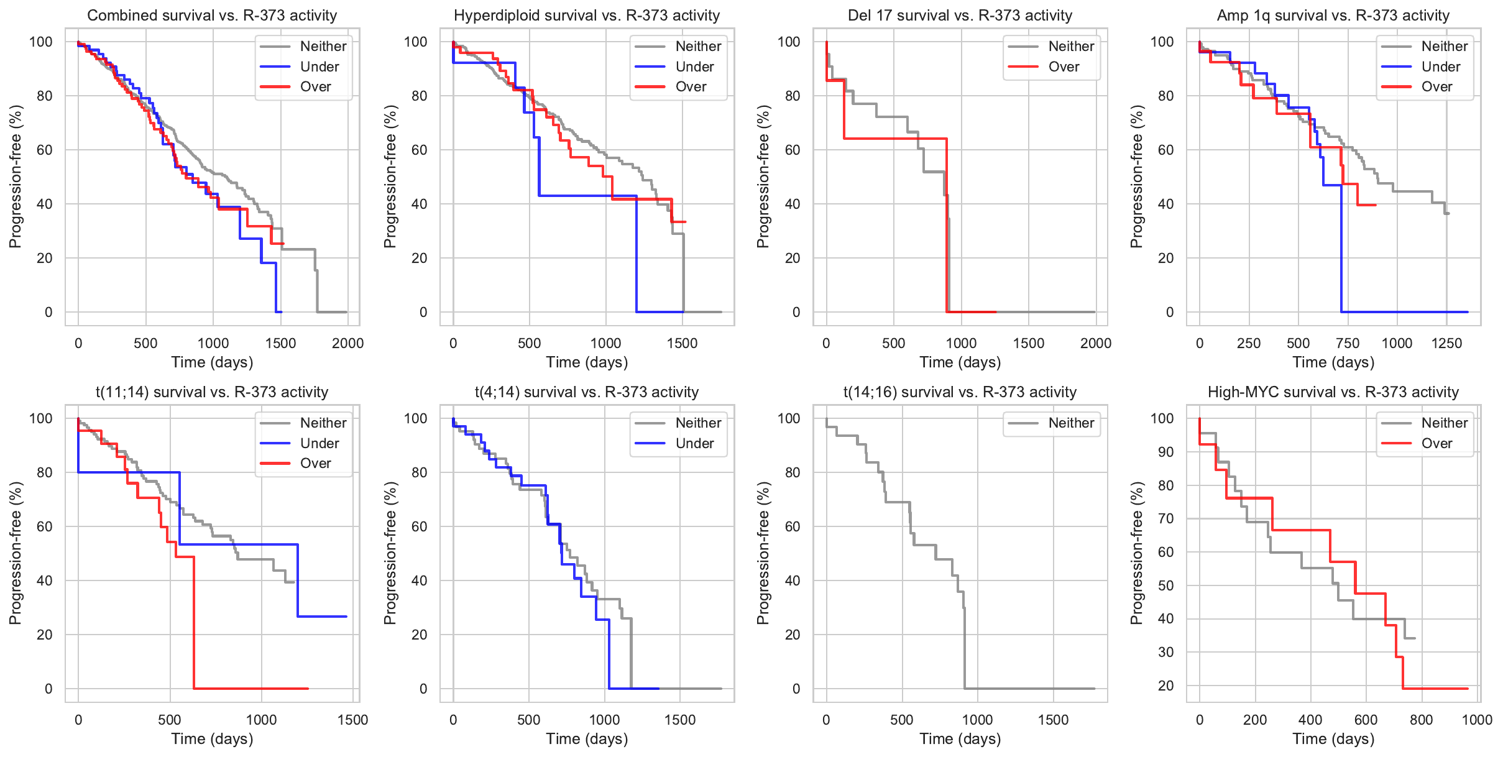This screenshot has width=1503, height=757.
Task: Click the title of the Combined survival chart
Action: pos(212,16)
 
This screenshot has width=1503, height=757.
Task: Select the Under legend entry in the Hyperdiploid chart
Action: pos(694,67)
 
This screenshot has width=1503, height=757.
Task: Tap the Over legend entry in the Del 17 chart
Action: pos(1064,67)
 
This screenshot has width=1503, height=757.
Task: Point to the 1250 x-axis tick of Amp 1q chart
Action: pos(1446,343)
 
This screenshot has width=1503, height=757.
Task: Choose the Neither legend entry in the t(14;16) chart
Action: pos(1071,423)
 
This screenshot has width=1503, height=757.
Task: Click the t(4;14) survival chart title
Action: pos(587,392)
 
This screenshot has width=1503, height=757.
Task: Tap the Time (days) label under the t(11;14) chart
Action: pos(212,739)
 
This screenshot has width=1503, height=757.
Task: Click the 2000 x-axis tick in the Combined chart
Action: pos(347,343)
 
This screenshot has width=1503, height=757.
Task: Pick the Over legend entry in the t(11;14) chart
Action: pos(315,464)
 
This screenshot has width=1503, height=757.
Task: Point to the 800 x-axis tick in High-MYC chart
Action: pos(1421,720)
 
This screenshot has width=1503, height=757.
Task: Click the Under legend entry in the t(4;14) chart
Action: pos(694,444)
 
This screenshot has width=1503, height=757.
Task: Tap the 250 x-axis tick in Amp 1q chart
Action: pos(1249,343)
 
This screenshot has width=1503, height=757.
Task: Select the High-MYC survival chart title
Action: pos(1333,392)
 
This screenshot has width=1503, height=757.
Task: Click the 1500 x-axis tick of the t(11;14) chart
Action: pos(352,720)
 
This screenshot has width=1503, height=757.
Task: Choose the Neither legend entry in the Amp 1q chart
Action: pos(1444,46)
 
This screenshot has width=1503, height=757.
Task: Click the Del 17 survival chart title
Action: pos(960,16)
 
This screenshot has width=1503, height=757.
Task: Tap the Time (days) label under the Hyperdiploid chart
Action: pos(587,362)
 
